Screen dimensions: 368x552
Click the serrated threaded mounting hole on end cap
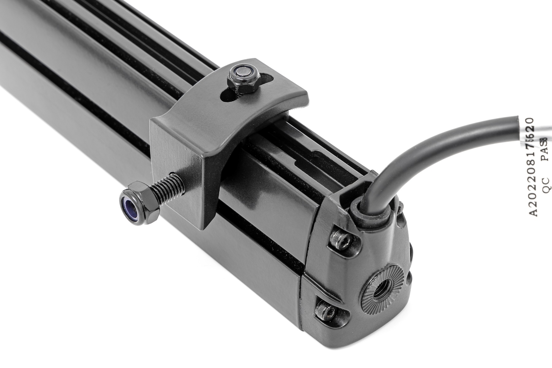coord(380,289)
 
